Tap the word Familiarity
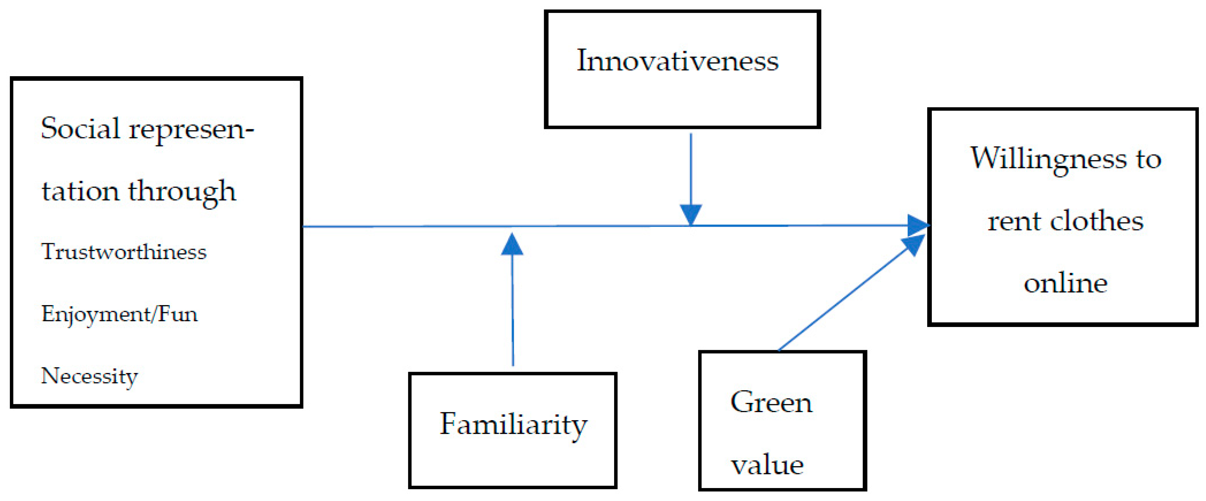coord(513,424)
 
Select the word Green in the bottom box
coord(771,402)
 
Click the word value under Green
coord(767,466)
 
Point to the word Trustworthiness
coord(124,252)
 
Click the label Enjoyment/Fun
coord(119,314)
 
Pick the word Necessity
coord(90,376)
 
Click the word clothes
coord(1096,221)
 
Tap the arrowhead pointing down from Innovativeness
coord(691,214)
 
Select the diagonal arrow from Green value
coord(843,299)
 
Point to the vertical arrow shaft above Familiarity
coord(513,309)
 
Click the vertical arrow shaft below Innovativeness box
coord(691,168)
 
